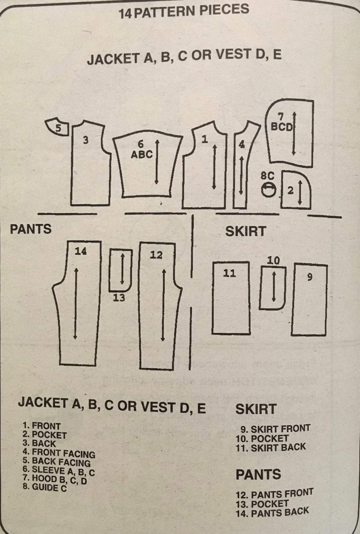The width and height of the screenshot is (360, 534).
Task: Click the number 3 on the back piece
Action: [x=86, y=140]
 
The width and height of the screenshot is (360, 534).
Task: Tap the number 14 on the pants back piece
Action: [x=81, y=251]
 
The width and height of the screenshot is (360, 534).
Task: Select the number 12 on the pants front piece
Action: [x=156, y=255]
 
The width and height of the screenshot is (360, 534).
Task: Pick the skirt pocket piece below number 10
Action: [x=273, y=288]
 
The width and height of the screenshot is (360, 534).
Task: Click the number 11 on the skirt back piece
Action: [x=230, y=273]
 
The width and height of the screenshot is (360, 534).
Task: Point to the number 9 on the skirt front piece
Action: [x=310, y=277]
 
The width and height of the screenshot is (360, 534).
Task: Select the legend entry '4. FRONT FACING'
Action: [x=59, y=453]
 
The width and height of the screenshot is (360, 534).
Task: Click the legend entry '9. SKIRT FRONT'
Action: [x=275, y=428]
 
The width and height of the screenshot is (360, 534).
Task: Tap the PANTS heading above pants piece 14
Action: [x=31, y=229]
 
